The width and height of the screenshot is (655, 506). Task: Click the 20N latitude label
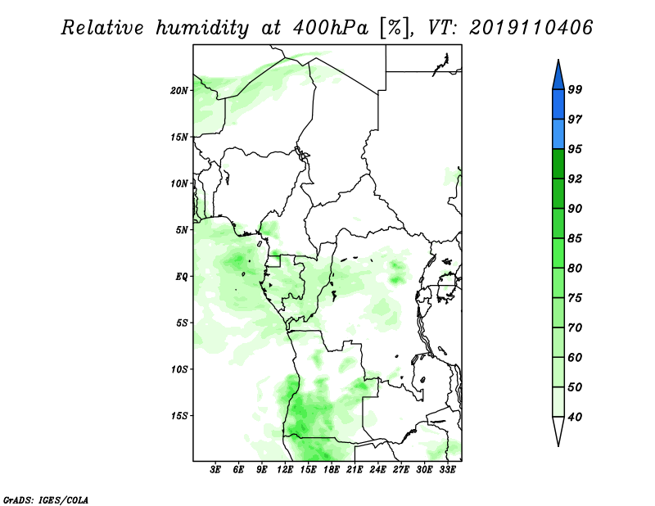(x=179, y=91)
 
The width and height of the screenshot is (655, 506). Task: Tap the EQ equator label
(x=182, y=277)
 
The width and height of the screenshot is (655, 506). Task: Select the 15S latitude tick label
(x=179, y=416)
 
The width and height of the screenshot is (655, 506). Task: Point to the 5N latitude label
(x=182, y=230)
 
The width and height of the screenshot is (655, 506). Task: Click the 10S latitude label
(x=179, y=369)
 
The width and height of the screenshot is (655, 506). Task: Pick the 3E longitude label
(x=215, y=470)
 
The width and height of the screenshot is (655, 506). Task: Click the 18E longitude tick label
(x=332, y=470)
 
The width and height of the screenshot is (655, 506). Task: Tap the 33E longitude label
(x=447, y=470)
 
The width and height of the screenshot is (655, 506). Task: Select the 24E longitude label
(x=377, y=470)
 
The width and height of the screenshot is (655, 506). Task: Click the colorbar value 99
(x=575, y=89)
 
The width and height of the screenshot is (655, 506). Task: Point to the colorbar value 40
(x=575, y=417)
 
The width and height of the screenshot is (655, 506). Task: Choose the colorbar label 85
(x=575, y=238)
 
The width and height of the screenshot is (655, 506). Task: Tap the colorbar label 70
(x=575, y=328)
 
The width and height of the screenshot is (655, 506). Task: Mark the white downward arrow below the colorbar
(x=558, y=431)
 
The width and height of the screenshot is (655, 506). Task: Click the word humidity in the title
(x=202, y=28)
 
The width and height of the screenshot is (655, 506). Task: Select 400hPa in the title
(x=331, y=28)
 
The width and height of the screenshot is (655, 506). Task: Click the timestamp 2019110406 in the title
(x=531, y=28)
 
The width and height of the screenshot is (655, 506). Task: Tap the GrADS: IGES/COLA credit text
(x=46, y=499)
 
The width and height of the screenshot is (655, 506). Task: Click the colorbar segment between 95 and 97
(x=558, y=134)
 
